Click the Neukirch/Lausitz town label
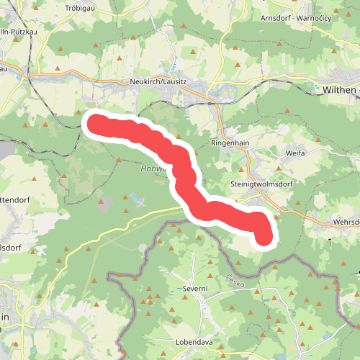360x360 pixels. pos(158,83)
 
